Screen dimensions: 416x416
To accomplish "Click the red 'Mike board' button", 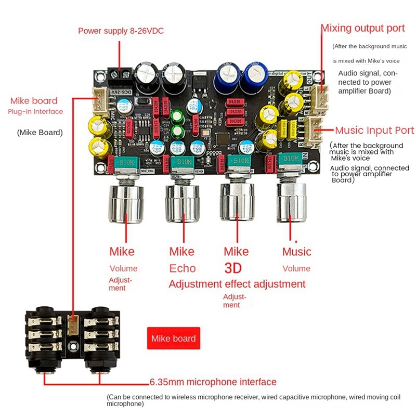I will tap(173, 339).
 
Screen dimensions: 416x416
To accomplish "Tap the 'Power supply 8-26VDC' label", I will tap(121, 31).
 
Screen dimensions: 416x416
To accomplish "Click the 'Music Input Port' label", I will tap(374, 130).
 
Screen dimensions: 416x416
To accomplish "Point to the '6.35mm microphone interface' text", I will tap(213, 382).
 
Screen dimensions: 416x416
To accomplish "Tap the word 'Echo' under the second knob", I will tap(183, 268).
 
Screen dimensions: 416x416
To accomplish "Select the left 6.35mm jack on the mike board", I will tap(46, 341).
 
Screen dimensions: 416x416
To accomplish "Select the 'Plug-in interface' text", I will tap(35, 112).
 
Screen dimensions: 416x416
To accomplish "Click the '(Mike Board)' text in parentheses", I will tap(40, 132).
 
